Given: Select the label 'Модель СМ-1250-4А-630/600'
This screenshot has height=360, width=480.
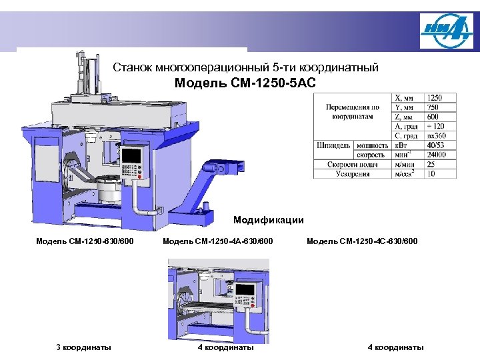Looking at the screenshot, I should [218, 241].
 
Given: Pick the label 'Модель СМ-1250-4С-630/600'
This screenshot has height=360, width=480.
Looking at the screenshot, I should [362, 241].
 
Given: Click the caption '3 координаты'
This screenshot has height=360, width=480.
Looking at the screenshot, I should [83, 347].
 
